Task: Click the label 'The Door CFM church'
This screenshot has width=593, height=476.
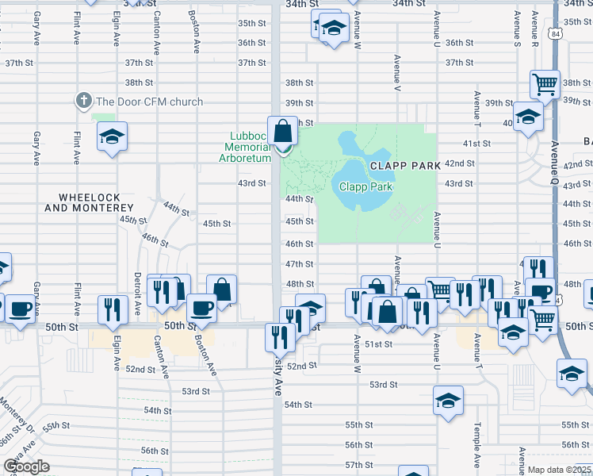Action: [x=149, y=102]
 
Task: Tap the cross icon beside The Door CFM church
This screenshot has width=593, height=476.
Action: [x=82, y=101]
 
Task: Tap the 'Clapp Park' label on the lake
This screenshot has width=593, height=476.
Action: [x=365, y=187]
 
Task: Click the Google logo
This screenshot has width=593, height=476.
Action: [x=26, y=467]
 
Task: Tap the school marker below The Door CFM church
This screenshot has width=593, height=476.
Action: [x=112, y=136]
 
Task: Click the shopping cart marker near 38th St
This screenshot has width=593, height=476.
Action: [x=545, y=83]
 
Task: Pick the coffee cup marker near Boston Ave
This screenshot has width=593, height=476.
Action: [x=201, y=308]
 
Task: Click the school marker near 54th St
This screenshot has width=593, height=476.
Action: [x=447, y=401]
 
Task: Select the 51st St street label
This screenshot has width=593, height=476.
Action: [x=379, y=344]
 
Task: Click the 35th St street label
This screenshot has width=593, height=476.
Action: [x=251, y=23]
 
